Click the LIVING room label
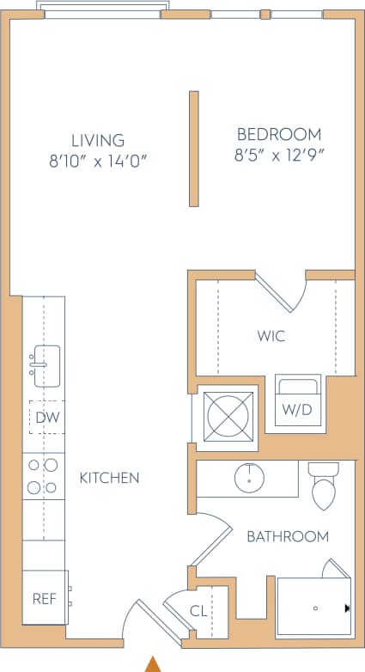[x=97, y=140]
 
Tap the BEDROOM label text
[x=279, y=135]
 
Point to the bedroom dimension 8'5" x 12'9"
[x=279, y=156]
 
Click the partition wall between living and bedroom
[x=194, y=149]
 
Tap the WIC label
[x=271, y=336]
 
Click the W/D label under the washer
[x=297, y=410]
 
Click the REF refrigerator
[x=44, y=598]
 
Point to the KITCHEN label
[x=109, y=478]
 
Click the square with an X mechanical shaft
[x=228, y=417]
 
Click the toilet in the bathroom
[x=324, y=486]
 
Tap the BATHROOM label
[x=288, y=536]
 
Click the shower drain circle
[x=315, y=608]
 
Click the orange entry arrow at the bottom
[x=153, y=663]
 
